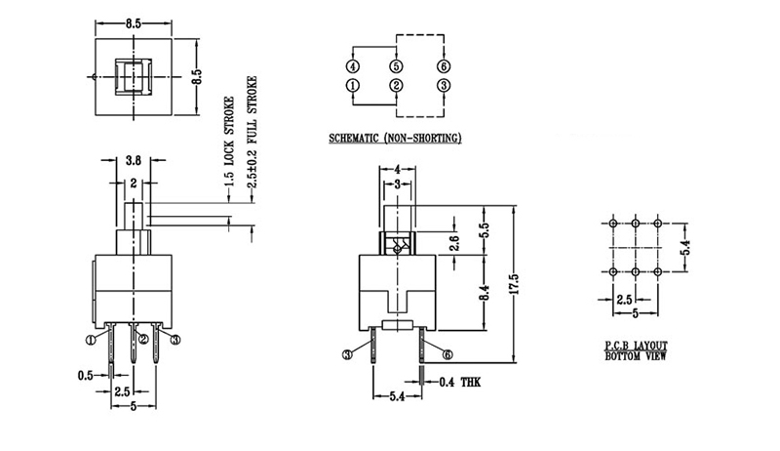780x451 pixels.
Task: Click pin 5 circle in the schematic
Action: (x=396, y=66)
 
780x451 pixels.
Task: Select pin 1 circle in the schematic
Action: (x=353, y=86)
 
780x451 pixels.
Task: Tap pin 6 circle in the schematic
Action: (x=444, y=66)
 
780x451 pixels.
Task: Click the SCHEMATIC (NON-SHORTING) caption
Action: (x=395, y=138)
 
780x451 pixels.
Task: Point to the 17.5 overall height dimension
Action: (x=515, y=284)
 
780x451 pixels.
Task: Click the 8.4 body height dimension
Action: (x=485, y=292)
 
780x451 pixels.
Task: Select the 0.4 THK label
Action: (x=460, y=383)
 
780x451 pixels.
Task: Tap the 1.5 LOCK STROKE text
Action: (x=229, y=142)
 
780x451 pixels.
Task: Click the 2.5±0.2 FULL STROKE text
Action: (x=253, y=132)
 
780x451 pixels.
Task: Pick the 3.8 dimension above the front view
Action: (x=134, y=160)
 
